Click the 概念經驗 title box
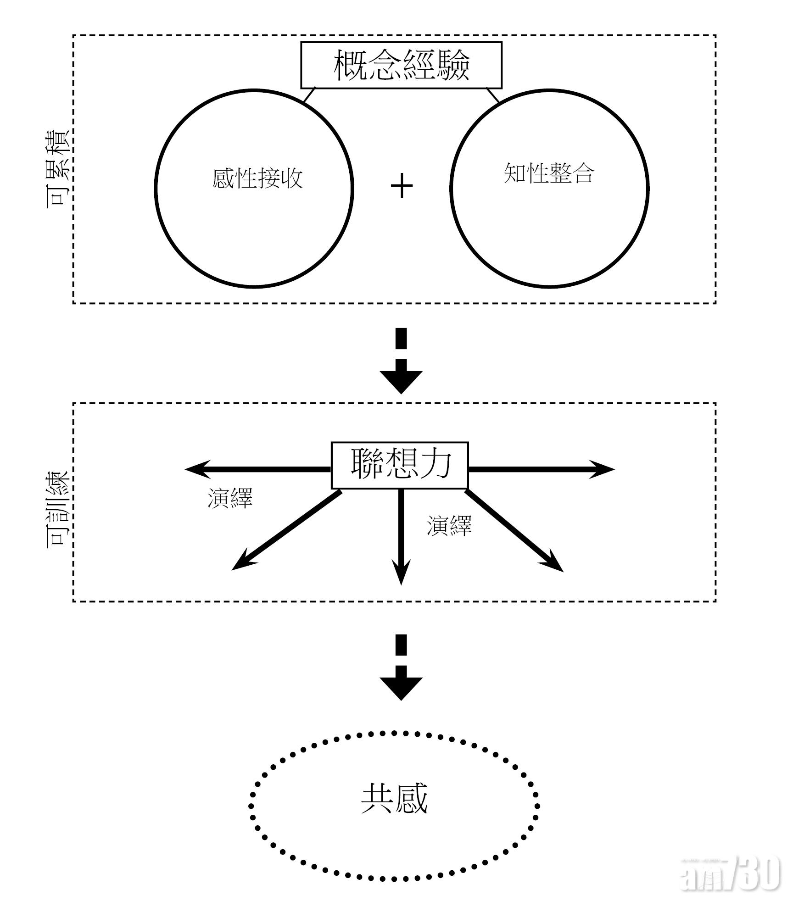click(401, 65)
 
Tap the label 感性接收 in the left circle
click(257, 178)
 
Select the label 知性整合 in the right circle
click(549, 173)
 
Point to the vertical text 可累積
click(59, 169)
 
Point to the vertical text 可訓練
click(59, 508)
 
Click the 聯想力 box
click(400, 465)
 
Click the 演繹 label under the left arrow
click(230, 498)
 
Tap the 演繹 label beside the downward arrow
click(449, 526)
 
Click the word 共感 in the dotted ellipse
click(394, 799)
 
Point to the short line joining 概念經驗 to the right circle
click(493, 95)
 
